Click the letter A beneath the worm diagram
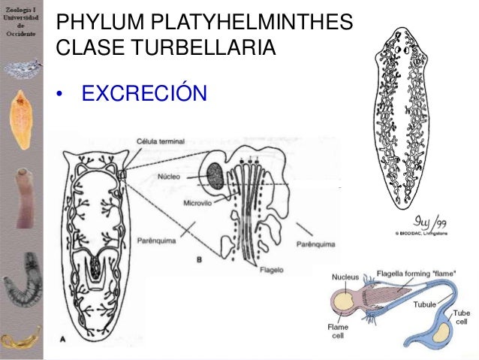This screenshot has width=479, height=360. coord(62,339)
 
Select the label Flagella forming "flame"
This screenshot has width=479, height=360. coord(402,274)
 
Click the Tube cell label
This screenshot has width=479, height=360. coord(462,317)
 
